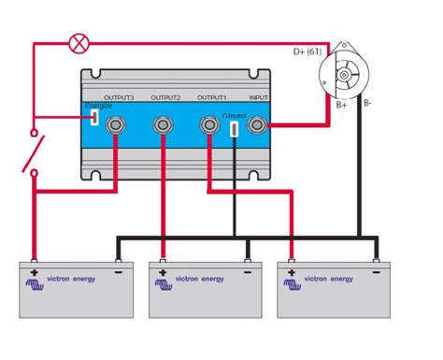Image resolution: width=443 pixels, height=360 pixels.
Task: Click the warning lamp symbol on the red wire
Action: point(81,42)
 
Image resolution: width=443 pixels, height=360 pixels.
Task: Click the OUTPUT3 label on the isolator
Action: point(119,95)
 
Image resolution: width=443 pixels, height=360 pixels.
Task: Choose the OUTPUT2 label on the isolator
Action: point(164,95)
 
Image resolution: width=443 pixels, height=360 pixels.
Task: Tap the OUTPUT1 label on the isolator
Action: point(212,95)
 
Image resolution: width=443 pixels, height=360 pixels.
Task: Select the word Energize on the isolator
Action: point(99,106)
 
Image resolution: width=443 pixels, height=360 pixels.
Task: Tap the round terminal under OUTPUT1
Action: point(211,123)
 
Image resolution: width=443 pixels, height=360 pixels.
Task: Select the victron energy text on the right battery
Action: point(330,278)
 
